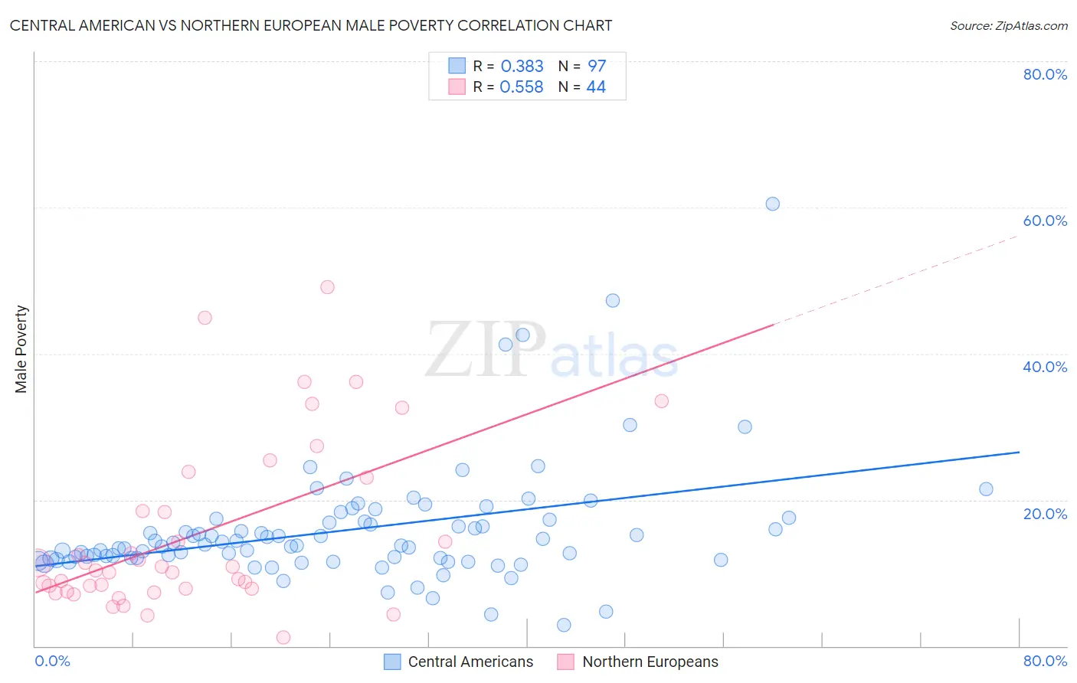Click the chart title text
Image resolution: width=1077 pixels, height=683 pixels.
tap(310, 25)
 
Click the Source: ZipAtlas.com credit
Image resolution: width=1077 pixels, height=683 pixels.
tap(1008, 25)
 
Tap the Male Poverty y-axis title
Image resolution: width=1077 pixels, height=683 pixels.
tap(21, 349)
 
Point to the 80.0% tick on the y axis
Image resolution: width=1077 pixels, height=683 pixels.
tap(1045, 74)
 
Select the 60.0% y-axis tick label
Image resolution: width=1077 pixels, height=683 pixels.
tap(1045, 221)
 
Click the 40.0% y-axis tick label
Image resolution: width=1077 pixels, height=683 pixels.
tap(1045, 367)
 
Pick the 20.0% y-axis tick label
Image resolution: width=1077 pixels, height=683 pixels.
tap(1045, 513)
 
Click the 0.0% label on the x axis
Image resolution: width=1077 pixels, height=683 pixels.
tap(52, 661)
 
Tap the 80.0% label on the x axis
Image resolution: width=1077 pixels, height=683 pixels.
tap(1045, 661)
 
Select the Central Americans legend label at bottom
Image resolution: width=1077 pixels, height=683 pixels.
tap(470, 662)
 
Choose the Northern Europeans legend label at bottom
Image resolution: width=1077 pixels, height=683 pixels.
tap(650, 662)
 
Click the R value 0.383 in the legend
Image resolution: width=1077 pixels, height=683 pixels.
tap(522, 67)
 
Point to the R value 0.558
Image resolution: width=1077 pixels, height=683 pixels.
tap(522, 87)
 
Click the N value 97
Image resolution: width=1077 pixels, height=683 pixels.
tap(597, 67)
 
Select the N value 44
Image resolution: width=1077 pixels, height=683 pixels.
tap(596, 87)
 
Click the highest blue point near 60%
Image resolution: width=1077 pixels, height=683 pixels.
tap(772, 204)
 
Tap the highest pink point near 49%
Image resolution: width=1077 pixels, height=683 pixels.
tap(327, 287)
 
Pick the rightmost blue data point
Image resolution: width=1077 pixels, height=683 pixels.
tap(986, 489)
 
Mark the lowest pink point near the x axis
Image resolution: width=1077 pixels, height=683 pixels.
tap(283, 637)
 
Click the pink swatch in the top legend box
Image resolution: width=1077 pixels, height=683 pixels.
tap(457, 87)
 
